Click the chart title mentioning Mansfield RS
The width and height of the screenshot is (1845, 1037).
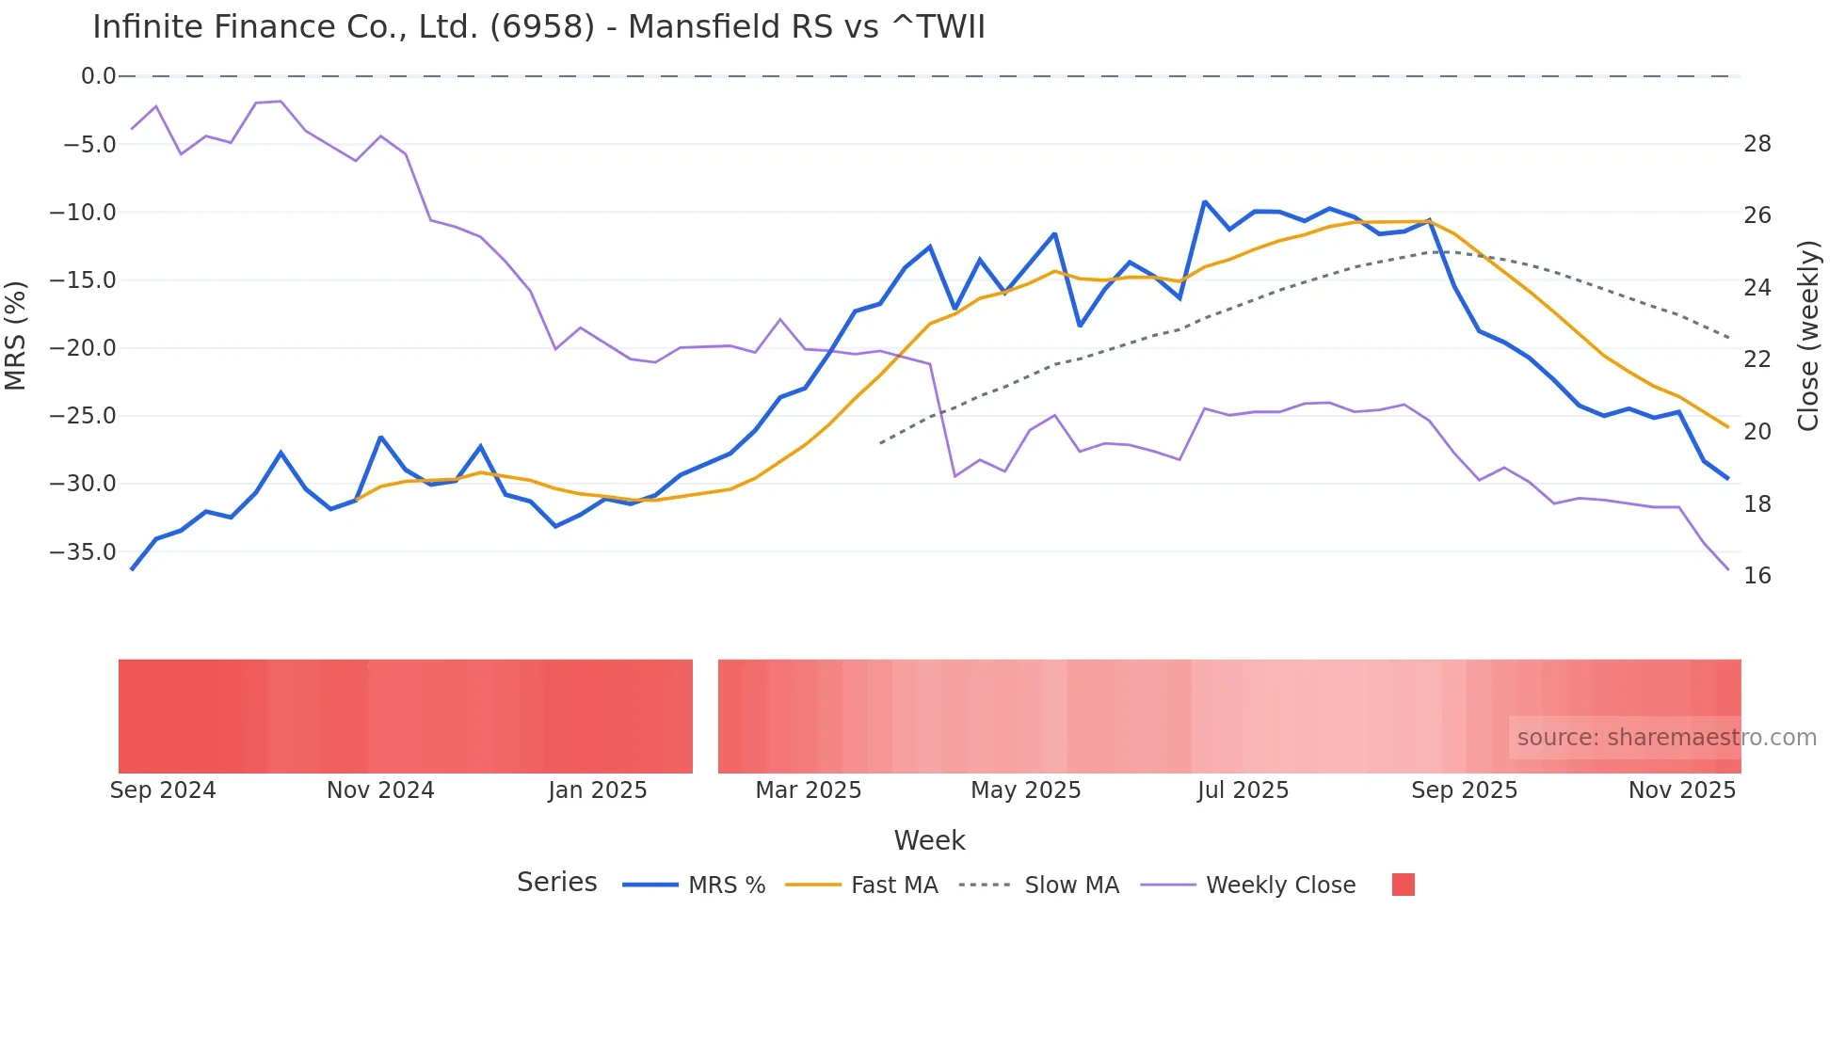pos(538,27)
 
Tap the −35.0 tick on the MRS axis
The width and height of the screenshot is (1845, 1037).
pos(83,552)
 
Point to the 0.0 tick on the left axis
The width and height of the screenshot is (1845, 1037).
pos(98,76)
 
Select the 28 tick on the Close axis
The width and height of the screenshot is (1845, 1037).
pos(1757,144)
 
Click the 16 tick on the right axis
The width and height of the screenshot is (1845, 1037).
pos(1757,576)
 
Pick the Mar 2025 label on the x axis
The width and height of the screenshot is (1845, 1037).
pos(809,790)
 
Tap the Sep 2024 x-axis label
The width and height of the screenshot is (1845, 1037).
pos(163,790)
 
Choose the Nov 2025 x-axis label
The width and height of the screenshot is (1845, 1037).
pos(1682,790)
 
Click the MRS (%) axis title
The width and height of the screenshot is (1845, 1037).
pos(15,335)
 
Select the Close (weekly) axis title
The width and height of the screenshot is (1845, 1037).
pos(1808,336)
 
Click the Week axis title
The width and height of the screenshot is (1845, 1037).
pos(929,840)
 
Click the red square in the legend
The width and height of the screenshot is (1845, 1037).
pos(1404,885)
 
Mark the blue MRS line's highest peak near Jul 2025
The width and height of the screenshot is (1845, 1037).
pos(1205,201)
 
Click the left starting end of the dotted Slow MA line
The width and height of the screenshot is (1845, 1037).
pos(881,442)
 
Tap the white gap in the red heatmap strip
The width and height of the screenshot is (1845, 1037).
pos(705,716)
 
